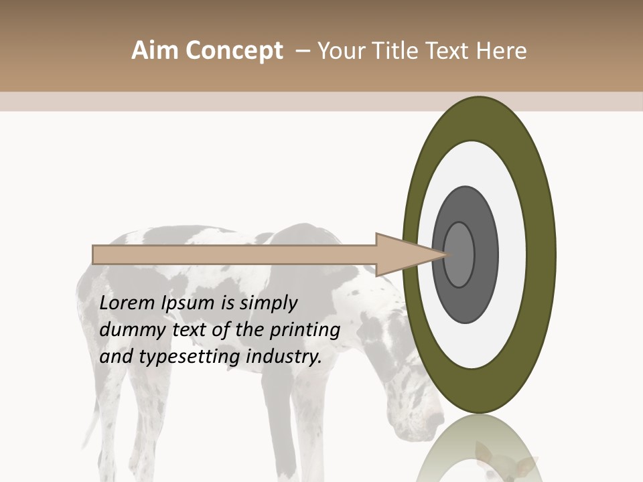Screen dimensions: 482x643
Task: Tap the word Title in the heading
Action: pos(397,51)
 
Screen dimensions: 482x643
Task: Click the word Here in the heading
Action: pos(502,51)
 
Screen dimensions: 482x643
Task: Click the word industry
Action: pos(284,356)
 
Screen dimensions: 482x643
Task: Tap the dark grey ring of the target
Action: pos(465,301)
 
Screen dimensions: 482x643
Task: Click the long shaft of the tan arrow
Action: pos(234,255)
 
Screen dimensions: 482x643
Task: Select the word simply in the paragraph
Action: pos(268,303)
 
